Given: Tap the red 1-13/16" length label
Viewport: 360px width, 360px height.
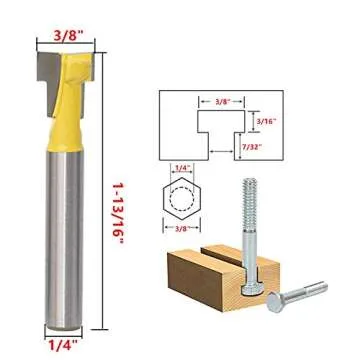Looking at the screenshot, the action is click(118, 212).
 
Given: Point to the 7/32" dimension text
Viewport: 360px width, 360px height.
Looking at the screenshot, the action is click(252, 147).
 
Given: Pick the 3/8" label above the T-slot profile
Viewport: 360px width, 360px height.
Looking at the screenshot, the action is click(223, 101).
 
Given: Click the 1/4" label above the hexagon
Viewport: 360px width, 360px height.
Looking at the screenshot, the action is click(181, 169).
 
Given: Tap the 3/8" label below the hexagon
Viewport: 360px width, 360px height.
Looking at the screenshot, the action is click(181, 228).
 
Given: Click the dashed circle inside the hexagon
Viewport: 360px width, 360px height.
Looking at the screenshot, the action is click(181, 199).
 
